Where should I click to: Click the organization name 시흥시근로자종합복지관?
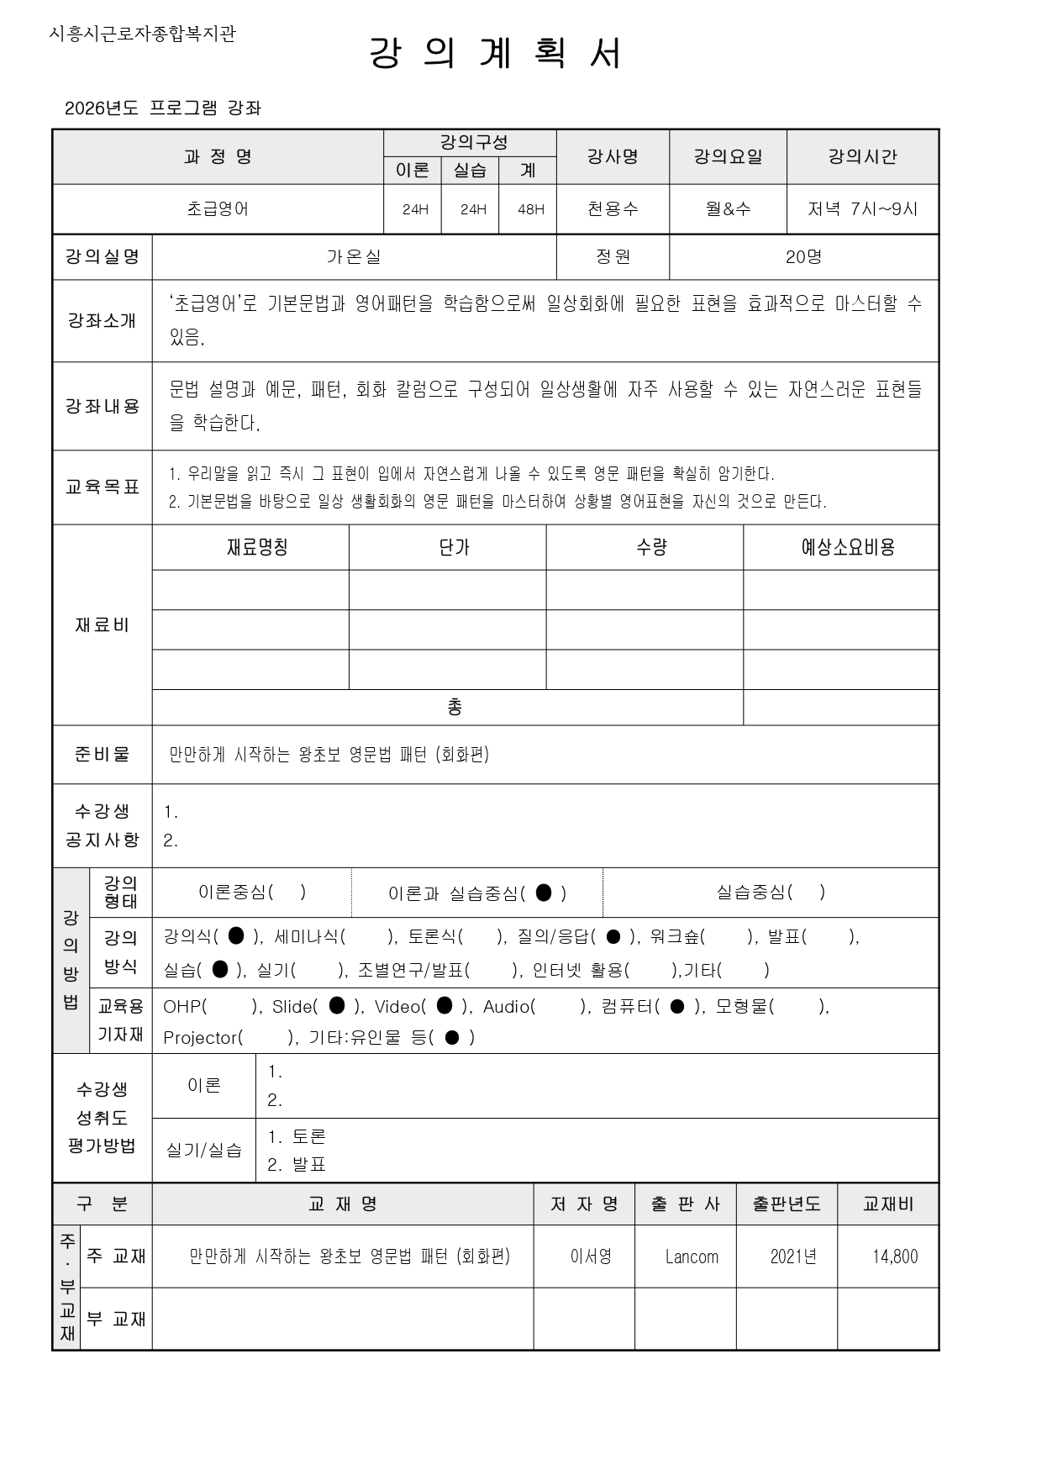143,34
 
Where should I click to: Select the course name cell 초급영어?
218,209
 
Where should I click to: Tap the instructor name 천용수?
613,209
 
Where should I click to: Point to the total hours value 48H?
530,209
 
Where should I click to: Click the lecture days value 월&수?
728,209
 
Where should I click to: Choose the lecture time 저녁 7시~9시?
862,209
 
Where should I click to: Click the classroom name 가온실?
354,257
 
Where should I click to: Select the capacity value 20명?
803,257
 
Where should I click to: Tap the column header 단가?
454,548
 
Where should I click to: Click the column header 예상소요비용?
847,548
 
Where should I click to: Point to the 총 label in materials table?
454,708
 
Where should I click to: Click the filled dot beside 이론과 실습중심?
544,893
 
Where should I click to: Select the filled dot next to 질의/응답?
613,936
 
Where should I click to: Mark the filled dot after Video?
445,1006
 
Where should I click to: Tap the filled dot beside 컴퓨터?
677,1006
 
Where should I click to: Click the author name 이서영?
591,1256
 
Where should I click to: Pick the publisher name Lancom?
692,1256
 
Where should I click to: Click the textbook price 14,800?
895,1256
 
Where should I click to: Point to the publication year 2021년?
793,1256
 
